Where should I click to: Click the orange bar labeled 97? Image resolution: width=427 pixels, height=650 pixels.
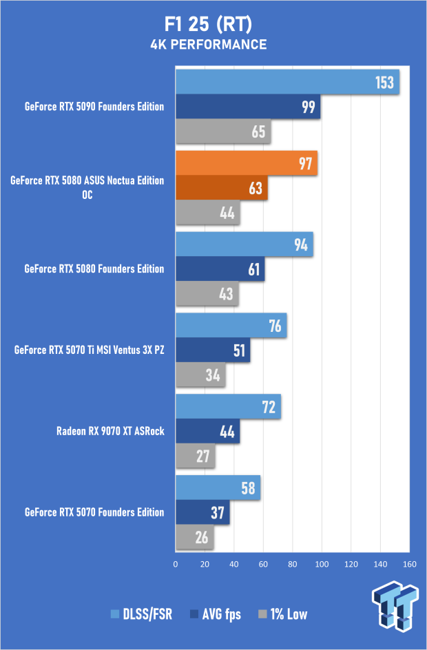tap(247, 163)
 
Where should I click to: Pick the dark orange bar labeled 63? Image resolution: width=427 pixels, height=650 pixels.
tap(221, 188)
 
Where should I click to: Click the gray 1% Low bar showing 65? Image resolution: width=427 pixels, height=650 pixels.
tap(223, 132)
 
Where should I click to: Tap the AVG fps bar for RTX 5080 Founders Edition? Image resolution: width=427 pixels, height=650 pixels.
tap(220, 269)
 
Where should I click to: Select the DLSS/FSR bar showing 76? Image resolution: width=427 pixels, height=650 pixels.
tap(231, 326)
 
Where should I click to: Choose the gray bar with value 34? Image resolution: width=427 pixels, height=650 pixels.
tap(200, 375)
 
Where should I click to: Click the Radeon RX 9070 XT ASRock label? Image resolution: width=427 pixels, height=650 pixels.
tap(110, 431)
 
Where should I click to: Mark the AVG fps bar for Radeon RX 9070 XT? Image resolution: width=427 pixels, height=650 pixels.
tap(207, 432)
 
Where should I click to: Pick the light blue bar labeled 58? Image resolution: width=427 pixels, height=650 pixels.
tap(218, 488)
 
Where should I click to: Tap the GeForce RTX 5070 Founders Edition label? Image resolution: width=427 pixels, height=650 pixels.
tap(94, 512)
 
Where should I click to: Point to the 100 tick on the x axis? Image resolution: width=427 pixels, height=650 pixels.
tap(322, 565)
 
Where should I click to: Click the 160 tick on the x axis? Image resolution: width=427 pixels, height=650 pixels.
tap(409, 565)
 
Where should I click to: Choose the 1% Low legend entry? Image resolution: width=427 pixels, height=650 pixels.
tap(282, 614)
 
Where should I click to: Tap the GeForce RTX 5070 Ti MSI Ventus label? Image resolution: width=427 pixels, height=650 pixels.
tap(90, 350)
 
